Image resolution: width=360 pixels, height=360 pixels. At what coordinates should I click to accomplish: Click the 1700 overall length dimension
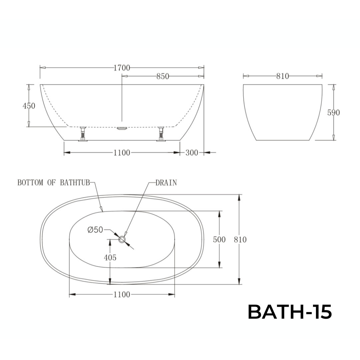[122, 68]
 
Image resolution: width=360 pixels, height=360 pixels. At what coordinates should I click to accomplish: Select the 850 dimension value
[163, 76]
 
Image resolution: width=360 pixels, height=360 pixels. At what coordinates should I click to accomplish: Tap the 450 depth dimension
[29, 106]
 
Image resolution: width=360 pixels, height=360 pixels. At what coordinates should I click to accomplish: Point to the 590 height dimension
[333, 113]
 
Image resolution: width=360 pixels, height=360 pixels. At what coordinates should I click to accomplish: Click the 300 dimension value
[192, 153]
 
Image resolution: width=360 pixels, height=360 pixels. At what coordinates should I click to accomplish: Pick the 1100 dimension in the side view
[122, 153]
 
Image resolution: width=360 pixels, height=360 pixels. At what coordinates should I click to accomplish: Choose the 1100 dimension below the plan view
[122, 295]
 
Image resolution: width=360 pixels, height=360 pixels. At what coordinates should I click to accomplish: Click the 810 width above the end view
[282, 76]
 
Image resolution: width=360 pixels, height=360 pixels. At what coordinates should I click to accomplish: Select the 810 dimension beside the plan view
[240, 239]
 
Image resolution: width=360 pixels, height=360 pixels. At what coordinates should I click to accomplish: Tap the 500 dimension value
[219, 239]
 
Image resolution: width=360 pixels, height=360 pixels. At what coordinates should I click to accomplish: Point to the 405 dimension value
[110, 258]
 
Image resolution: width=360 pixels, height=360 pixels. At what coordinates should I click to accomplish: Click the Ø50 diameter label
[95, 230]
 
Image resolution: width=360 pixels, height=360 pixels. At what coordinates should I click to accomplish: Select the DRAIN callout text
[166, 183]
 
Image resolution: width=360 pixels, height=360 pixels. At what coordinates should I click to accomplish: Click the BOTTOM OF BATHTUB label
[53, 183]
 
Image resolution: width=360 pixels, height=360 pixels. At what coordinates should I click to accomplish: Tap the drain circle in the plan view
[122, 239]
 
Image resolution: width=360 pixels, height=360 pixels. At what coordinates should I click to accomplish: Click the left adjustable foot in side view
[82, 134]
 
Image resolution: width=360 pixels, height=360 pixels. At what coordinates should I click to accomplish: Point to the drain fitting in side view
[122, 129]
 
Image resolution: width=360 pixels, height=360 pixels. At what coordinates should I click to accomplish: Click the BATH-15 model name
[289, 312]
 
